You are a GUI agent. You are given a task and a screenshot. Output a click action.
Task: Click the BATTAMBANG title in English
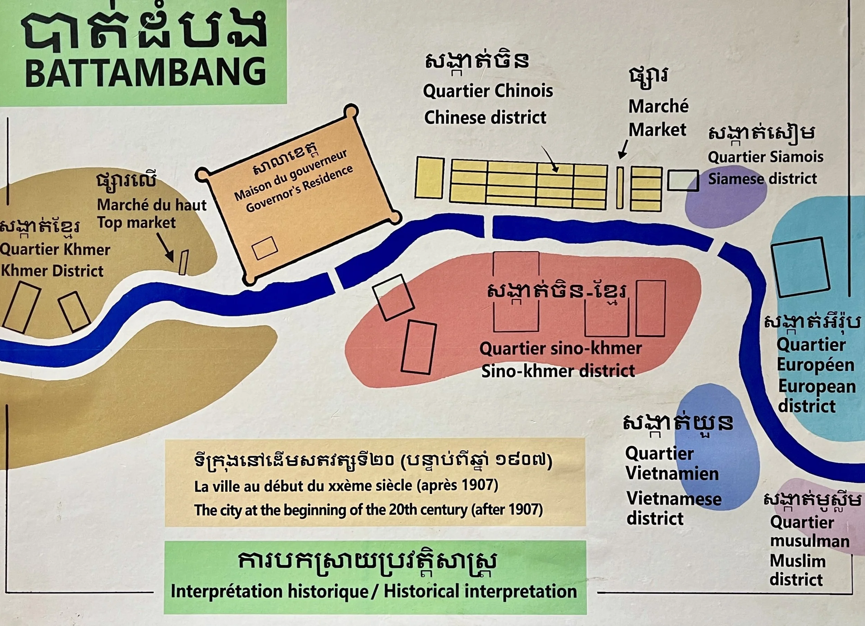coord(146,72)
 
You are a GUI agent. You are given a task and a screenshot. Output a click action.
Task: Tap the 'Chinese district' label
coord(485,118)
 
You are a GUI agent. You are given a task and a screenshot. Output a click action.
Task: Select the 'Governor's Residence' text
coord(299,190)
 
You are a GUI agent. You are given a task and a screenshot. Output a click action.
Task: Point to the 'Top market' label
coord(136,223)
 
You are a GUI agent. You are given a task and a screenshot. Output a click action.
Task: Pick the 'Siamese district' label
coord(762,179)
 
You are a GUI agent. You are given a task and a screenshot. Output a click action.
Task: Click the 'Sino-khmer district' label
coord(558,371)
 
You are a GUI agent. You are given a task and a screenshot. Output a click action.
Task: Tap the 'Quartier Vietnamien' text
coord(672,463)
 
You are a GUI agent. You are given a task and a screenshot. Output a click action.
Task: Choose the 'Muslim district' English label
coord(798,570)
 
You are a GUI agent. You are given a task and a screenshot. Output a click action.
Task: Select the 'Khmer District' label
coord(52,271)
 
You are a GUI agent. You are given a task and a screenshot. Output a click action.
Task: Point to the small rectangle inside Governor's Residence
coord(265,248)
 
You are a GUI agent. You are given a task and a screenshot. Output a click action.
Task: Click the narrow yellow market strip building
coord(620,188)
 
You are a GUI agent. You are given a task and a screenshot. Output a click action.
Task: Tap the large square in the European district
coord(801,267)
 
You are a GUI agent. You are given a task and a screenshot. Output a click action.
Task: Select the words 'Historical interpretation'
coord(480,591)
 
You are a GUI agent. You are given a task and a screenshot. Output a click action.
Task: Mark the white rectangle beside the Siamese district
coord(683,181)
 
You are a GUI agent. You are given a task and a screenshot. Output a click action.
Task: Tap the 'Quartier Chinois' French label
coord(488,91)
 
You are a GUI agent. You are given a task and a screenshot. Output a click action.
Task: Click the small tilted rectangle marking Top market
coord(183,262)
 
